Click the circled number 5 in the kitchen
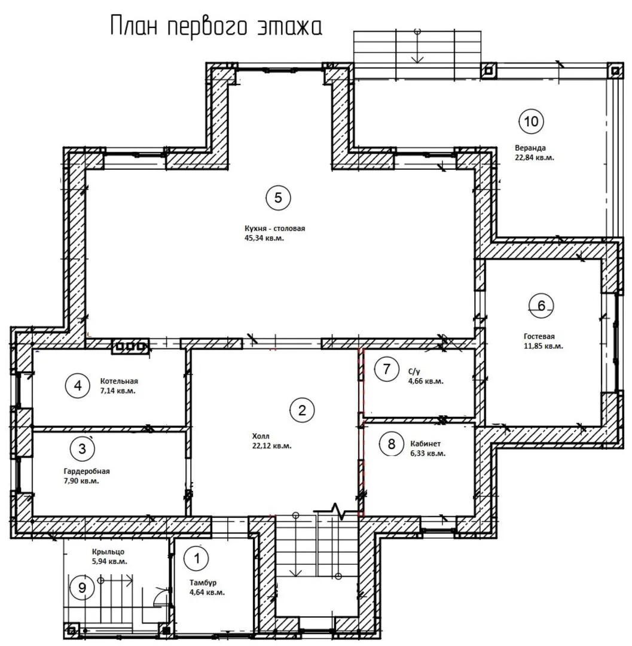click(278, 198)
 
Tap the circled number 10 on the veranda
click(531, 121)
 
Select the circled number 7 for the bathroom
click(386, 368)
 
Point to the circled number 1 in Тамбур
click(197, 559)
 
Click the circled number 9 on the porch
click(82, 587)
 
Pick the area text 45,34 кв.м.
click(264, 238)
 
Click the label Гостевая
click(539, 336)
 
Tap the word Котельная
click(119, 381)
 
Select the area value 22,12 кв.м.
click(271, 446)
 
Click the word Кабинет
click(425, 444)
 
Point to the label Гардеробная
click(87, 471)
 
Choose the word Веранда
click(530, 148)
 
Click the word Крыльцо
click(108, 551)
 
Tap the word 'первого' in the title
click(208, 27)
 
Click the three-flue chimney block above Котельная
click(130, 346)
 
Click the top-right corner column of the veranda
click(615, 71)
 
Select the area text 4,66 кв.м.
click(426, 381)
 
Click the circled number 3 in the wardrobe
click(83, 448)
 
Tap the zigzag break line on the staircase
click(338, 510)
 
